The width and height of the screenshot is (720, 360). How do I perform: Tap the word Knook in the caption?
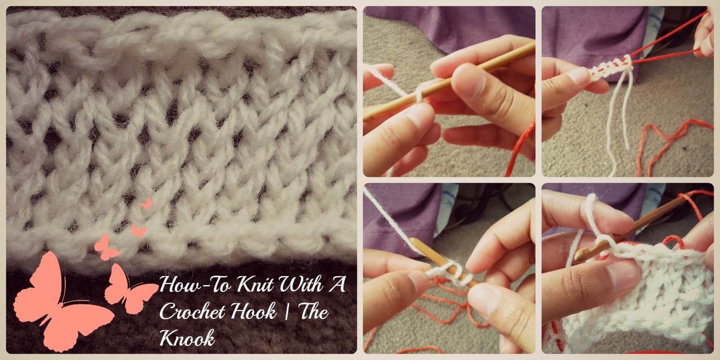[187, 338]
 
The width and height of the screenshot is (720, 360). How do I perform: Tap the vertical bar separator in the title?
[287, 312]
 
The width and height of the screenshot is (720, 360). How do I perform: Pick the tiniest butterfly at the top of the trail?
[146, 203]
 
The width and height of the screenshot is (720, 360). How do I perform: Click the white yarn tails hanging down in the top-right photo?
[619, 122]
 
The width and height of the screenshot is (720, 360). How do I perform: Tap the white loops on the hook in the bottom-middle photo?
[452, 273]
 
